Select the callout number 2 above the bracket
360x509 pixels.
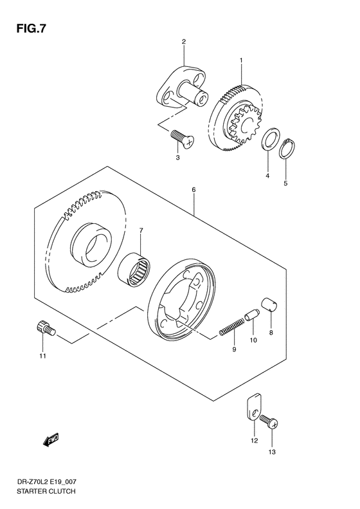(x=183, y=42)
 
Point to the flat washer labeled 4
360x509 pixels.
(x=270, y=141)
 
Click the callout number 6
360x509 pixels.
(x=192, y=190)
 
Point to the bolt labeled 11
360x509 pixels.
(x=44, y=330)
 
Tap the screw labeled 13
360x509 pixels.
(x=271, y=422)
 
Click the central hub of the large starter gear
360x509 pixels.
(x=90, y=243)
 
